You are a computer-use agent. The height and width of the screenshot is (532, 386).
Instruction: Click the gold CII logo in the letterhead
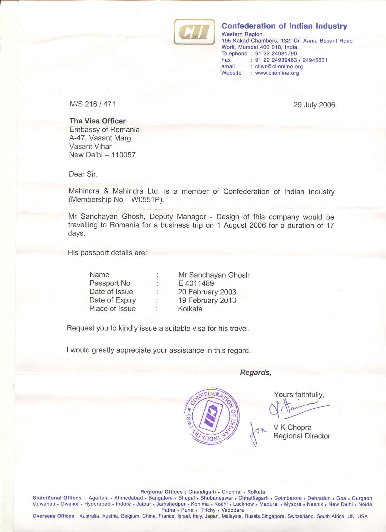tap(194, 32)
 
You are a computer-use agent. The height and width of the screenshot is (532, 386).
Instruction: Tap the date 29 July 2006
tap(314, 105)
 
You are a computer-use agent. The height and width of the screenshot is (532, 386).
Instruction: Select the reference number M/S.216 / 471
tap(93, 104)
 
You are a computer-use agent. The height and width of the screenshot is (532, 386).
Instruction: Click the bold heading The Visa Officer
tap(97, 121)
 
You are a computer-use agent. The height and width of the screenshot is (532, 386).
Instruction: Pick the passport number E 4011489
tap(196, 283)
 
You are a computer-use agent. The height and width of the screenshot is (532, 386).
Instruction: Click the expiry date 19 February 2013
tap(207, 300)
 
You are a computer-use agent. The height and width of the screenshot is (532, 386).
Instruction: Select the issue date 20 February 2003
tap(207, 292)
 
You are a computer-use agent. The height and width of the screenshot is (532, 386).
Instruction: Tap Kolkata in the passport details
tap(190, 309)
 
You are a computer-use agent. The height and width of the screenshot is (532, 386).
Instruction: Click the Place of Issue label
tap(112, 309)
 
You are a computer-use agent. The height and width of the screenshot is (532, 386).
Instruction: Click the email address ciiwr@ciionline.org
tap(279, 66)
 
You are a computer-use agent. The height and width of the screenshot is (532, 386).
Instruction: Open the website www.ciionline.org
tap(277, 73)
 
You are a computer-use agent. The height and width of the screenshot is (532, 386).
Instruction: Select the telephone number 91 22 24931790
tap(276, 54)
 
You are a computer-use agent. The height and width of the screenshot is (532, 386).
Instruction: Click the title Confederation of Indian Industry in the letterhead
tap(284, 26)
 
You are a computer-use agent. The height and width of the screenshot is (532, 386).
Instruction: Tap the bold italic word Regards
tap(256, 373)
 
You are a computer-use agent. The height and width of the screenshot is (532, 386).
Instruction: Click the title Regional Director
tap(302, 436)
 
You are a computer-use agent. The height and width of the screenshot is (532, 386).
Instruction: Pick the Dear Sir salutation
tap(83, 174)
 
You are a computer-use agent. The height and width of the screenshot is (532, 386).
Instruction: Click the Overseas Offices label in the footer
tap(54, 516)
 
